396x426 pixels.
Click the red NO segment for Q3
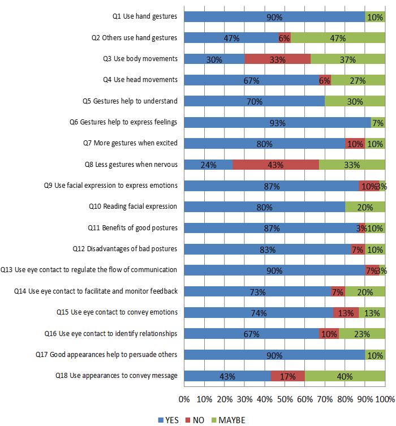point(277,59)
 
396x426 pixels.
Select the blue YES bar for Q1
point(274,17)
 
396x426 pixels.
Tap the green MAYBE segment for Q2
point(338,38)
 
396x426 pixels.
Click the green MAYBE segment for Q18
point(345,376)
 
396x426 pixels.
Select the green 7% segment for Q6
point(378,123)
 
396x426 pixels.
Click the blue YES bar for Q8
point(208,165)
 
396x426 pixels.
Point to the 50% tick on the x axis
point(285,399)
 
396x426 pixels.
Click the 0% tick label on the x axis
point(184,399)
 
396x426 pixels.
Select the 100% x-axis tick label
point(385,399)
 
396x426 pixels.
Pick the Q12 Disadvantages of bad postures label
point(125,249)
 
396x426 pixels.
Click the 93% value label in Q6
point(277,123)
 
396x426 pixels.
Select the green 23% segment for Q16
point(362,334)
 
